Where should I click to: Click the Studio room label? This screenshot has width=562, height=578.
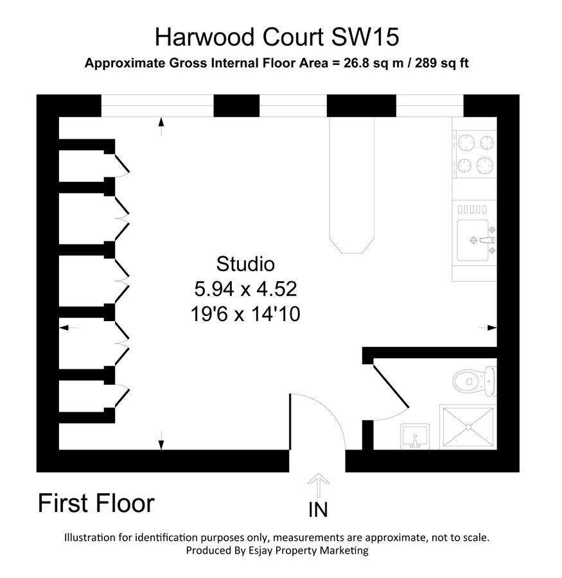click(x=245, y=264)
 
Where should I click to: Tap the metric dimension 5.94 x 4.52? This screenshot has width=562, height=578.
click(x=245, y=288)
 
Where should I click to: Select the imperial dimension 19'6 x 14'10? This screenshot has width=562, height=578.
click(x=245, y=314)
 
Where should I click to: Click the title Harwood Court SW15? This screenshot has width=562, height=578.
click(x=277, y=37)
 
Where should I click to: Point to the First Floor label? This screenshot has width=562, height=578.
click(x=96, y=503)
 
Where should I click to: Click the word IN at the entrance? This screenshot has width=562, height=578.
click(x=318, y=510)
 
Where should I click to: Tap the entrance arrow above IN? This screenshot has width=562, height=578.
click(x=318, y=486)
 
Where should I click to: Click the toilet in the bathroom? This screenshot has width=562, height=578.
click(x=475, y=381)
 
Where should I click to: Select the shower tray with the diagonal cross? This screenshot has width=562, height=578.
click(x=468, y=427)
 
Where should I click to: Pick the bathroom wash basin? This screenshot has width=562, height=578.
click(x=415, y=437)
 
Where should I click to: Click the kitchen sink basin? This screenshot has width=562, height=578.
click(x=473, y=240)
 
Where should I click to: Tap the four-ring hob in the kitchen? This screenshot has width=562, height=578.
click(x=475, y=154)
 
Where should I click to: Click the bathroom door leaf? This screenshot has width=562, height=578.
click(x=391, y=387)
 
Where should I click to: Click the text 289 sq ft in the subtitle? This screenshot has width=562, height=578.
click(x=442, y=63)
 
